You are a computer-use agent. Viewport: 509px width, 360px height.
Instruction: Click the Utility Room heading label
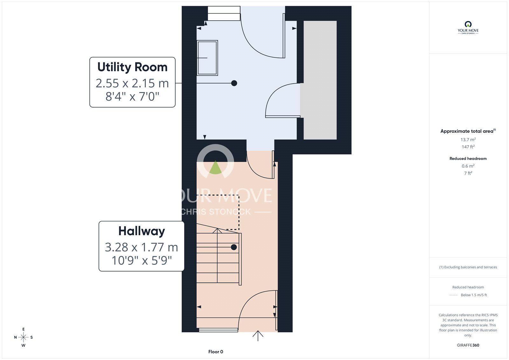click(x=132, y=67)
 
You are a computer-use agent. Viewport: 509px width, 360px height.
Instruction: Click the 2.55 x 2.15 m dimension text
click(x=132, y=83)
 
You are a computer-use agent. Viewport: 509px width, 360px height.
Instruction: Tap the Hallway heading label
click(x=142, y=231)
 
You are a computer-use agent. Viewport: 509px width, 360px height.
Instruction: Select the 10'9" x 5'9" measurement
click(x=142, y=260)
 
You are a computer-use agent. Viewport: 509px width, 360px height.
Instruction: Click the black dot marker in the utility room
click(x=234, y=83)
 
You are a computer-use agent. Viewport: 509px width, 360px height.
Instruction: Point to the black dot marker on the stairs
click(x=234, y=247)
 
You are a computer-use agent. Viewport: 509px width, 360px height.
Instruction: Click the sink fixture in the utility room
click(x=207, y=58)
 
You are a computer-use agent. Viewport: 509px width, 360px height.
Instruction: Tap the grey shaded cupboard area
click(x=320, y=80)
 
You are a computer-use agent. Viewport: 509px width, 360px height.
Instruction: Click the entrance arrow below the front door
click(x=258, y=336)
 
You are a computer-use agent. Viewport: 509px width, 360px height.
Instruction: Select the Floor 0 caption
click(x=216, y=352)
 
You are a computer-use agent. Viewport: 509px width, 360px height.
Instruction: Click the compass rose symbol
click(x=24, y=337)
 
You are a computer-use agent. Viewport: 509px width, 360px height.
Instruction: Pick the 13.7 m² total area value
click(x=468, y=139)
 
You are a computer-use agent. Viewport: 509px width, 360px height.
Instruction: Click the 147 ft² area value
click(x=468, y=147)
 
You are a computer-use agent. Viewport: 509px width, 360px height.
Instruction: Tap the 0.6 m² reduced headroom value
click(x=468, y=166)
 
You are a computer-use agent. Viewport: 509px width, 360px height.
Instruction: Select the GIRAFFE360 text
click(x=468, y=345)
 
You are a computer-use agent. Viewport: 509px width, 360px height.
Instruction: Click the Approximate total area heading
click(x=467, y=131)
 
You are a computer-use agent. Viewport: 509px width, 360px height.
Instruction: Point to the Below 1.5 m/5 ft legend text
click(x=474, y=295)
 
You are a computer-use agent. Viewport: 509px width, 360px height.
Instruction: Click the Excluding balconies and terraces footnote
click(x=468, y=267)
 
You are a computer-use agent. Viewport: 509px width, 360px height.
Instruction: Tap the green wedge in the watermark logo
click(x=216, y=168)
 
